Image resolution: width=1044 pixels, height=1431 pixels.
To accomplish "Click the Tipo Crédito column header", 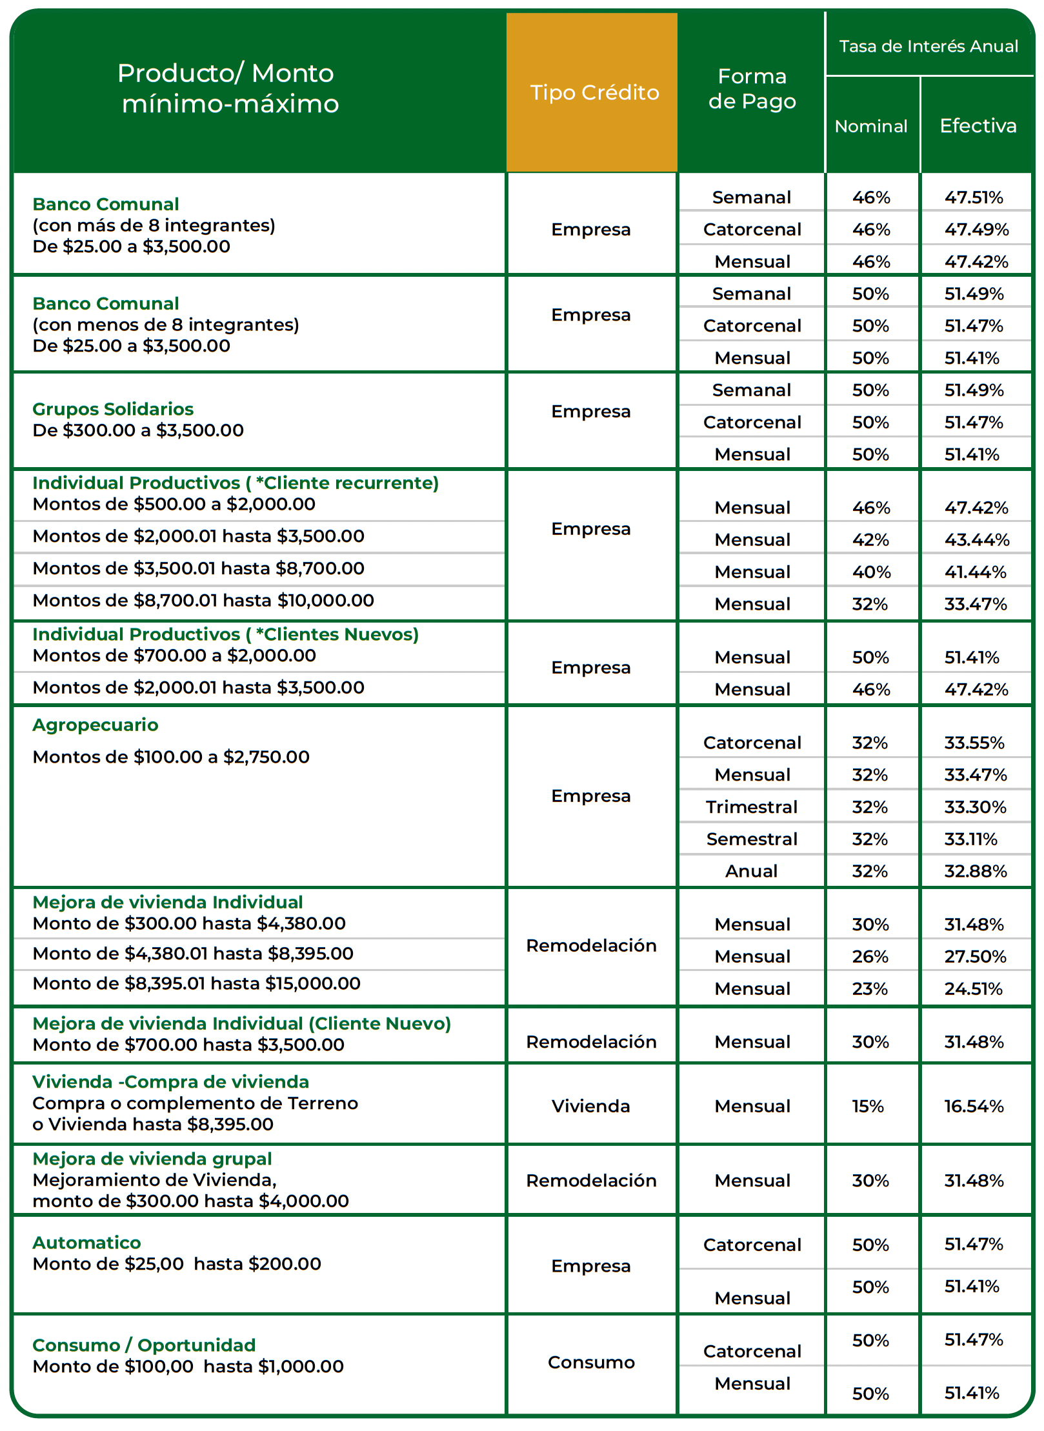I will [x=594, y=93].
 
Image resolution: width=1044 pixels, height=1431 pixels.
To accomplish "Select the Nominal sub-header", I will [x=870, y=126].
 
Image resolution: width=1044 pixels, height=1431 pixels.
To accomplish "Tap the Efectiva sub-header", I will [x=978, y=126].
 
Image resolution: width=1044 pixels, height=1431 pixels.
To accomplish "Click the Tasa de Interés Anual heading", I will [x=928, y=46].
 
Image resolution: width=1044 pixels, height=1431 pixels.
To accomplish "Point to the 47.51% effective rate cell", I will [x=974, y=197].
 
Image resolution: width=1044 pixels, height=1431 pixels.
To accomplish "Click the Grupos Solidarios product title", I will [x=113, y=409].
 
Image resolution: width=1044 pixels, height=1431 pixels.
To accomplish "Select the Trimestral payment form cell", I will [x=751, y=807].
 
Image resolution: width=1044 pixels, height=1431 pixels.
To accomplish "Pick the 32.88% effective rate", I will [x=975, y=872].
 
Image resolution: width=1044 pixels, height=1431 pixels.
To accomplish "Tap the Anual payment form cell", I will [x=751, y=872].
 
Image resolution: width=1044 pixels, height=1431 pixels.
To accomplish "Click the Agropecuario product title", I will [x=95, y=725].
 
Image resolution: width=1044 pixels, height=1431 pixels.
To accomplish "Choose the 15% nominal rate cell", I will [x=868, y=1106].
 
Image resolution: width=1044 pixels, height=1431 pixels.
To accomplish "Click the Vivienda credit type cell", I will [x=590, y=1106].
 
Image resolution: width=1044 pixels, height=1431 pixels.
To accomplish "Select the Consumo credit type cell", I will [x=591, y=1363].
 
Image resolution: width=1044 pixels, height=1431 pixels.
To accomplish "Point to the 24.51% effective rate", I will [x=973, y=989].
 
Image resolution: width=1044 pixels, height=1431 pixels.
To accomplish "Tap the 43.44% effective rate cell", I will [x=976, y=540].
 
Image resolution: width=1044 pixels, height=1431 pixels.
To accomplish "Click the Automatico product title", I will [x=86, y=1243].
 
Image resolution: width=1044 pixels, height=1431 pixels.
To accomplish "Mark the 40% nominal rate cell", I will [x=871, y=572].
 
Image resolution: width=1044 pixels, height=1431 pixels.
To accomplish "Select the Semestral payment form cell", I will [x=752, y=839].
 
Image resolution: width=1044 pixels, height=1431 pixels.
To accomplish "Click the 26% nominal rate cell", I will [x=870, y=957].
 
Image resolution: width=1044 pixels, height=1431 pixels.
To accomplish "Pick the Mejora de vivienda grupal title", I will [x=152, y=1159].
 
